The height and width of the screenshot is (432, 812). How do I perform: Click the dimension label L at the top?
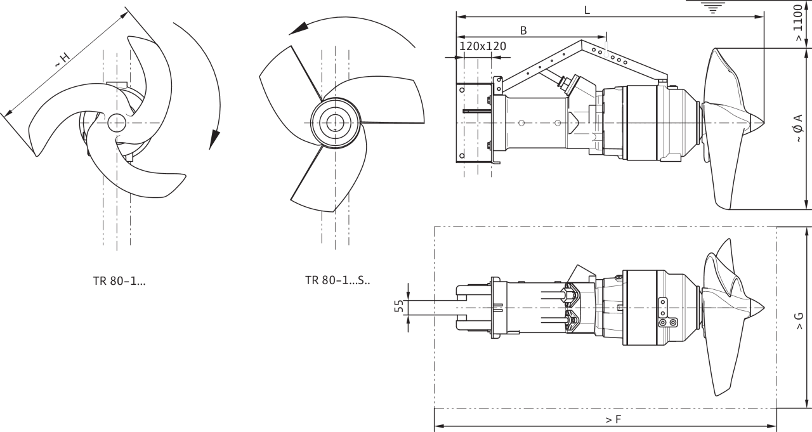tap(587, 10)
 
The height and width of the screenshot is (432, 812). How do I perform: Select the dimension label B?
tap(523, 31)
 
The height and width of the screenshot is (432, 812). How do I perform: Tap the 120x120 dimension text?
tap(483, 46)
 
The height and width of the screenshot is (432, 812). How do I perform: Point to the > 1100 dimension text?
tap(798, 22)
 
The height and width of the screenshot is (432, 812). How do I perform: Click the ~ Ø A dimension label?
tap(799, 128)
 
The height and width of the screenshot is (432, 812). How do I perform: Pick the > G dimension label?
tap(799, 321)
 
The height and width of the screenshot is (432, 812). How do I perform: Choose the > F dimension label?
tap(613, 420)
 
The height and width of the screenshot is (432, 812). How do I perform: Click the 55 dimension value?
tap(399, 306)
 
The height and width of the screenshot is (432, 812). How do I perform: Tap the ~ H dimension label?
tap(62, 60)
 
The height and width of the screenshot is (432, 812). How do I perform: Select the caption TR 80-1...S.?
tap(337, 280)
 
